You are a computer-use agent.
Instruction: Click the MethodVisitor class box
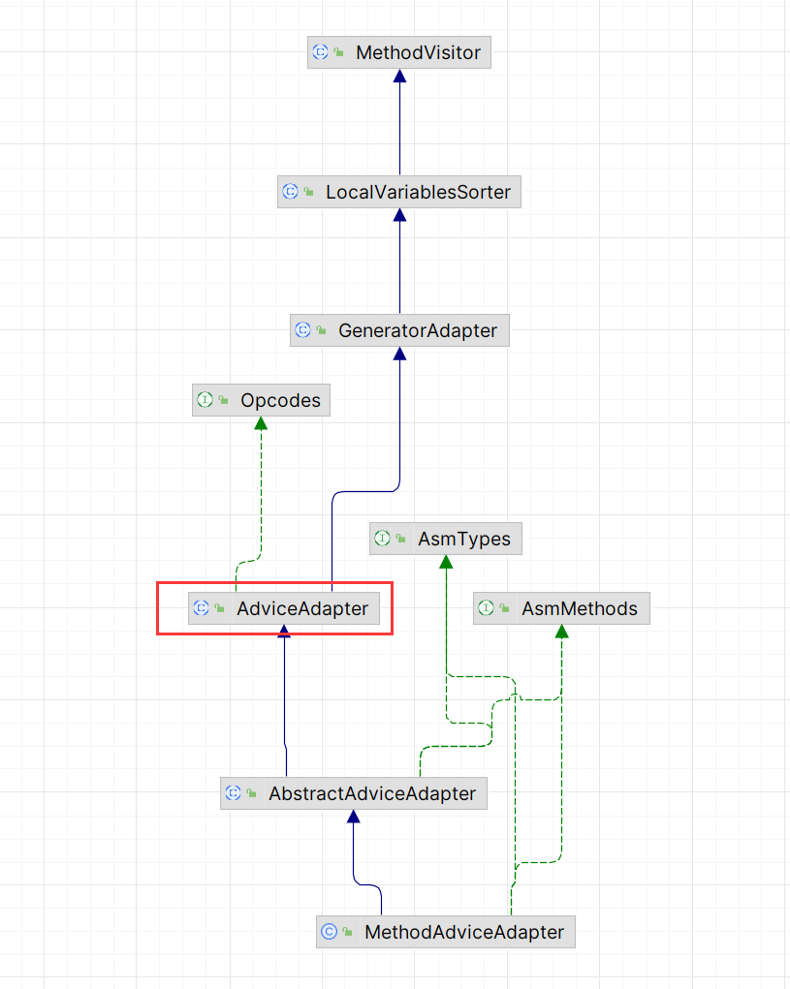(x=399, y=52)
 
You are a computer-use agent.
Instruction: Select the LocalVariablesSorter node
(x=399, y=192)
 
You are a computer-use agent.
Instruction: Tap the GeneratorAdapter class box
(x=399, y=330)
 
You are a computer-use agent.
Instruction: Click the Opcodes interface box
(x=261, y=400)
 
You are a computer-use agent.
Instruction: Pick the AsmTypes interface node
(x=446, y=539)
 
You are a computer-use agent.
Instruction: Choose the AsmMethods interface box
(x=561, y=608)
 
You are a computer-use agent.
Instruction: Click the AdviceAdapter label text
(x=302, y=608)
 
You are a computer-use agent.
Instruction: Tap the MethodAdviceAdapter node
(x=446, y=932)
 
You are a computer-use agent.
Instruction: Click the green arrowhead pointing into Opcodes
(x=261, y=423)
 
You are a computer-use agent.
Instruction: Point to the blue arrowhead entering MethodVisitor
(x=399, y=76)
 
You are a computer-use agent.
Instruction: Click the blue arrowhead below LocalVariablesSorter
(x=399, y=215)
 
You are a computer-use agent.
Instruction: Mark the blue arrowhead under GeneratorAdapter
(x=399, y=354)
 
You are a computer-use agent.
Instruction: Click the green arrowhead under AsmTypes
(x=446, y=562)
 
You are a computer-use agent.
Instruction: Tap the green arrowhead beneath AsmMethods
(x=561, y=632)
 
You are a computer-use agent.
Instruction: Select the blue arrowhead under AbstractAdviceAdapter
(x=353, y=817)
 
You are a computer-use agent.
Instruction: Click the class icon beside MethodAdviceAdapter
(x=329, y=932)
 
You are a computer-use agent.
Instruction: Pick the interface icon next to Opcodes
(x=205, y=400)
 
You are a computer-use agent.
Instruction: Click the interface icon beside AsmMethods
(x=486, y=608)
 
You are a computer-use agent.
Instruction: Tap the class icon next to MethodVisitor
(x=320, y=52)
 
